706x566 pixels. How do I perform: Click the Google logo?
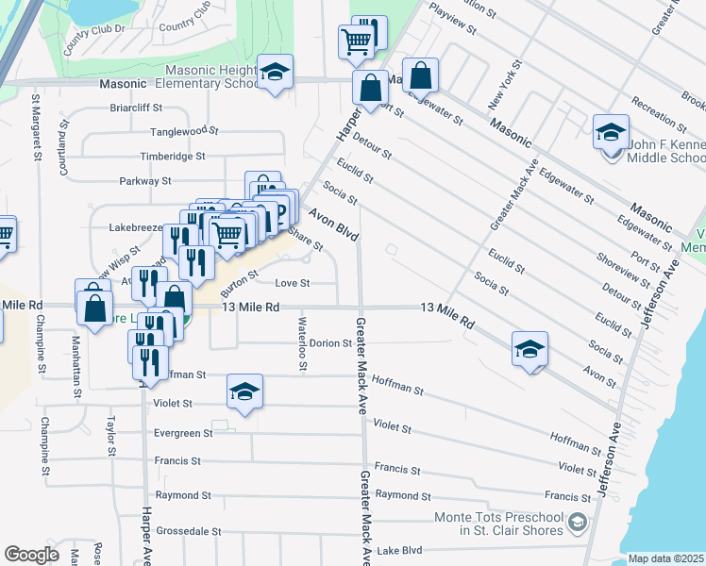30,555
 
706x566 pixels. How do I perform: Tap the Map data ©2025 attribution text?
665,558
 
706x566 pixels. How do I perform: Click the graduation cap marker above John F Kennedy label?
611,131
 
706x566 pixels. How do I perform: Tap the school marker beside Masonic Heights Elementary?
275,72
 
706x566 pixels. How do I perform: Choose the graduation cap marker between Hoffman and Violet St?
244,391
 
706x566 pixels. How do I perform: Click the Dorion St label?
330,343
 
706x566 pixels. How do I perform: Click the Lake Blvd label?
399,550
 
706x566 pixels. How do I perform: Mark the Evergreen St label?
183,433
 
